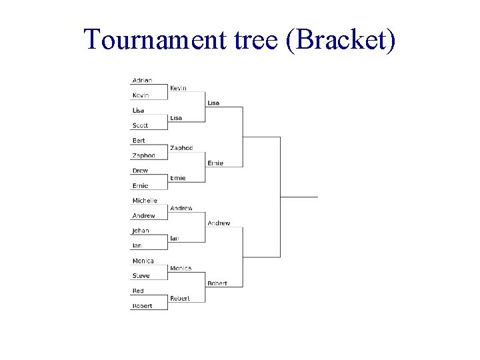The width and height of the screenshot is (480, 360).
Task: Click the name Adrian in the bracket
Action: tap(142, 80)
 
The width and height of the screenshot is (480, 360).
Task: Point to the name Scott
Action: tap(140, 125)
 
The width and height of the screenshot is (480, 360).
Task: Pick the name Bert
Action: tap(139, 141)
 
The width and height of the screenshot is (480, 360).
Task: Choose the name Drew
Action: tap(140, 171)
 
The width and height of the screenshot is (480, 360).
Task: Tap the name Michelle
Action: tap(145, 201)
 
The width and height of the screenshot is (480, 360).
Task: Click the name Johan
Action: tap(141, 231)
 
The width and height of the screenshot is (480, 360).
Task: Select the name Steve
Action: tap(141, 276)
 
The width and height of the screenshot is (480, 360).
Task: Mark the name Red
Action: tap(138, 291)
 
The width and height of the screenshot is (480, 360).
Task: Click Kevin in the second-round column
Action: tap(178, 88)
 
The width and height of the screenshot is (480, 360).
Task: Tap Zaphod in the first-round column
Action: tap(143, 155)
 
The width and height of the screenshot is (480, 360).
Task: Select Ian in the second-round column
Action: tap(174, 238)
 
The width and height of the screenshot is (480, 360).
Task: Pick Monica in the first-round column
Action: tap(143, 261)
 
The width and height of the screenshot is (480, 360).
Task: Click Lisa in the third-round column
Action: tap(213, 103)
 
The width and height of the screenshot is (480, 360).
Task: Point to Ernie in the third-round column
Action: tap(215, 163)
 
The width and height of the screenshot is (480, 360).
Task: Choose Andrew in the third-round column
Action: tap(219, 223)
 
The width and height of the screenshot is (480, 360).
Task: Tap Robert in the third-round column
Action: tap(217, 283)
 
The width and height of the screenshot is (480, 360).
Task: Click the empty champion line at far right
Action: tap(299, 197)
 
